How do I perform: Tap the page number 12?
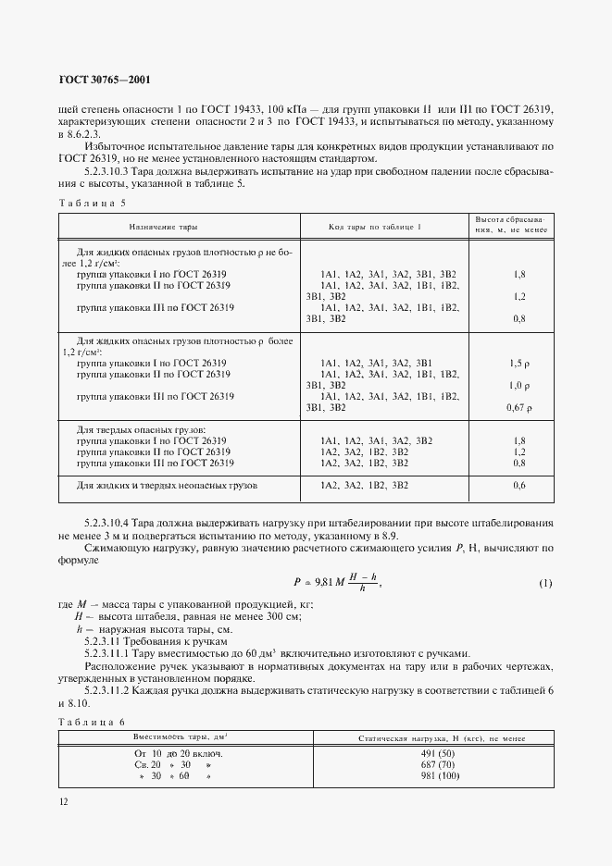coord(63,803)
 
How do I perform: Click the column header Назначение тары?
coord(163,227)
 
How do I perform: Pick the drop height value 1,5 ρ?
coord(518,363)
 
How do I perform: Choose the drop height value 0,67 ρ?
coord(518,407)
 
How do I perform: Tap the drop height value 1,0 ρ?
coord(518,385)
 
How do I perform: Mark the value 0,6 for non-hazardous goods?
coord(518,485)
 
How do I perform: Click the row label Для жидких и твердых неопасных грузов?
coord(167,485)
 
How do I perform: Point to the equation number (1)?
coord(545,584)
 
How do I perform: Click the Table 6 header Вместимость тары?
coord(181,737)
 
